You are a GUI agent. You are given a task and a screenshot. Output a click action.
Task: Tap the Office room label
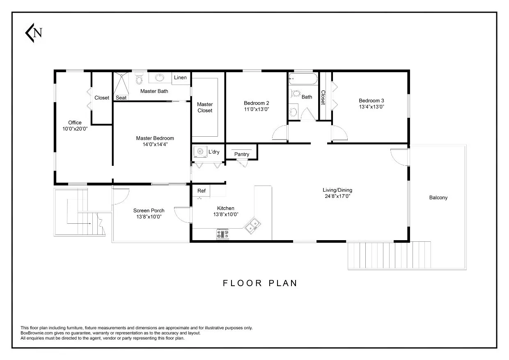click(75, 122)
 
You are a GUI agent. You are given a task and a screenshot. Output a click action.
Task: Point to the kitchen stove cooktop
click(223, 234)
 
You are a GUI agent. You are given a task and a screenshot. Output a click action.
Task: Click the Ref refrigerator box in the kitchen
click(202, 191)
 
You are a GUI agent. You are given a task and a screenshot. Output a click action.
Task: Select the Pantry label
click(242, 154)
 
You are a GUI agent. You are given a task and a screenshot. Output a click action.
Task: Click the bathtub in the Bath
click(303, 78)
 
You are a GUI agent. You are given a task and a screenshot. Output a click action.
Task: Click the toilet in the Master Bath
click(139, 78)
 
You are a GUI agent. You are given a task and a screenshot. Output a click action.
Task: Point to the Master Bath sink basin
click(160, 77)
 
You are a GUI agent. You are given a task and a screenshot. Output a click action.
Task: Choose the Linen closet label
click(180, 78)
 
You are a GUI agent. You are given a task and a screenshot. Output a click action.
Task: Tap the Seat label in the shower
click(121, 98)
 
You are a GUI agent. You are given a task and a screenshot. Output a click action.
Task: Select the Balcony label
click(438, 197)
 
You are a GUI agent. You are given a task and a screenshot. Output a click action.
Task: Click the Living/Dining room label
click(337, 190)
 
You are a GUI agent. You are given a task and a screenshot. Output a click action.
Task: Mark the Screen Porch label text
click(149, 211)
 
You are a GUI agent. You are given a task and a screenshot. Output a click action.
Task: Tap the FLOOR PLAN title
click(260, 283)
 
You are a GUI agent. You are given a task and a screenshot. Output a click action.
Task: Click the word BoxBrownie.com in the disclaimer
click(35, 333)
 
